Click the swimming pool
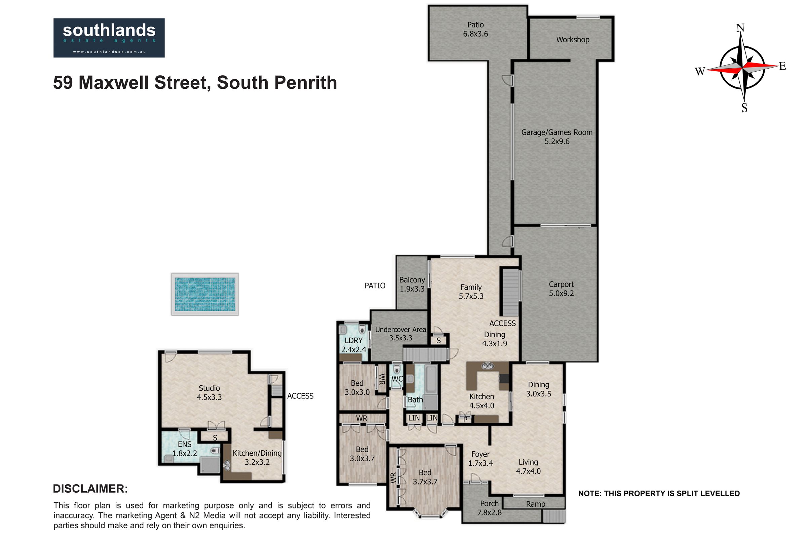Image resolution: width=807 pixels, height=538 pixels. (x=205, y=294)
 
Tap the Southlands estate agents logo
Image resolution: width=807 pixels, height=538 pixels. (x=109, y=38)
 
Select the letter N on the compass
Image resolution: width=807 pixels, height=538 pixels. (x=740, y=28)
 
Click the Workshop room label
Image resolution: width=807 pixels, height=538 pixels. (x=573, y=39)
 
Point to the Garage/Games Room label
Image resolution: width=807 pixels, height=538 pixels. (x=557, y=137)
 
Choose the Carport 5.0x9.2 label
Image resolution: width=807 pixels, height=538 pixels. (x=561, y=289)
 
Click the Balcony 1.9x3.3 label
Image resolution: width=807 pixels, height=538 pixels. (x=412, y=284)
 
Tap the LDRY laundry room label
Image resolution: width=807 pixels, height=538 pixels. (x=353, y=345)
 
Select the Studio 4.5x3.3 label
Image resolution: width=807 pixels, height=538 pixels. (x=209, y=392)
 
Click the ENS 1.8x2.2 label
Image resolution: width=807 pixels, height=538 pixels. (x=185, y=449)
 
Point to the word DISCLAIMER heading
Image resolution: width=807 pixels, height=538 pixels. (x=90, y=489)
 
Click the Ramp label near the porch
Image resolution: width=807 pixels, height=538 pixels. (x=536, y=504)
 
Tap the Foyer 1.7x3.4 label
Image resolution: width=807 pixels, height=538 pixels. (x=481, y=459)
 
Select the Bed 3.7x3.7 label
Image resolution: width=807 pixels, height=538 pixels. (x=425, y=477)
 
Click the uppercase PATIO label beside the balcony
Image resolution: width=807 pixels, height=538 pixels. (x=375, y=285)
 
